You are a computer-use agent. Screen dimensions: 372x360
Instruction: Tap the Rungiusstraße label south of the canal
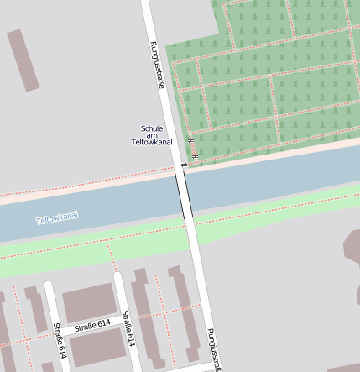(x=214, y=348)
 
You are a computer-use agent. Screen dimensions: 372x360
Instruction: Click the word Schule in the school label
(x=152, y=128)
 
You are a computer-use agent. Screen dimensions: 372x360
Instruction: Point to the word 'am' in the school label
(x=152, y=135)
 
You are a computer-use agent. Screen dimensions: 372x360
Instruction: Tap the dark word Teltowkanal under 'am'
(x=152, y=143)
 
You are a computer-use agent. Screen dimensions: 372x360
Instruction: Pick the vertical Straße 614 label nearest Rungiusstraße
(x=128, y=328)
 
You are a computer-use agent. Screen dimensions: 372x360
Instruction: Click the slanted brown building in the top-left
(x=23, y=60)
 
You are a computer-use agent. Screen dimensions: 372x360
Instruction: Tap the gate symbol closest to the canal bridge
(x=184, y=165)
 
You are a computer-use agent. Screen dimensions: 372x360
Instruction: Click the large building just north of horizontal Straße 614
(x=89, y=301)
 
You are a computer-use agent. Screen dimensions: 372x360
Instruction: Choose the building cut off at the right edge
(x=352, y=252)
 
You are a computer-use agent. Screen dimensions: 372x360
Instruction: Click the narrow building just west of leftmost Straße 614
(x=35, y=308)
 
